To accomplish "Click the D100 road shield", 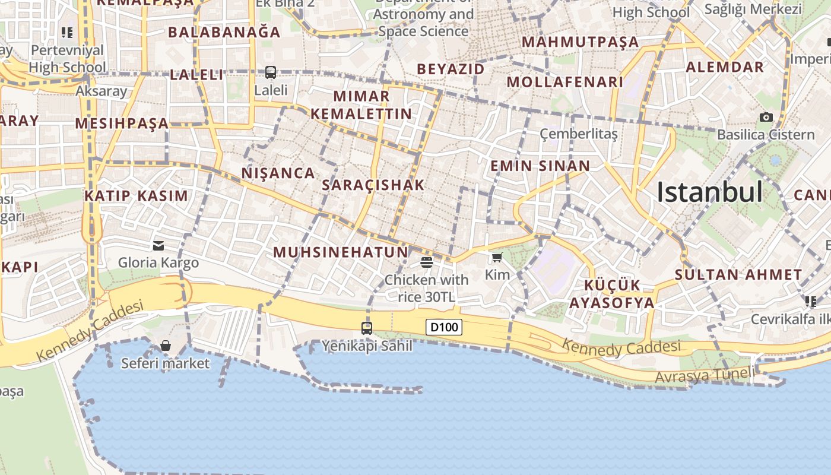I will [x=443, y=327].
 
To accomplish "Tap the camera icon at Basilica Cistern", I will [x=766, y=118].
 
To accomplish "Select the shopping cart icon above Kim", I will [x=497, y=258].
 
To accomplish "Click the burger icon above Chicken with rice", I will [x=426, y=262].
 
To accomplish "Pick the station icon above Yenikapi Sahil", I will [x=367, y=328].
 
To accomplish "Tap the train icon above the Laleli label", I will [x=271, y=72].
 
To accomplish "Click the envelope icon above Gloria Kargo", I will [x=158, y=245].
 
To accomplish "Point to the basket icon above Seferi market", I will [x=166, y=346].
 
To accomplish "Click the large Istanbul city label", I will [x=709, y=192].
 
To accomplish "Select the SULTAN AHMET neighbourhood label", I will [x=738, y=275].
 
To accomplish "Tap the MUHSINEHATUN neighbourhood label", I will [x=341, y=252].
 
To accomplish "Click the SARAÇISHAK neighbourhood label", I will [x=373, y=185].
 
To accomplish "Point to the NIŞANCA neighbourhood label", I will [x=278, y=173].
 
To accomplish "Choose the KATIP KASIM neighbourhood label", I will [x=136, y=196].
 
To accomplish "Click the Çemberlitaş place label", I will [x=579, y=134].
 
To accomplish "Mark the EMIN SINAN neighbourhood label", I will [x=540, y=166].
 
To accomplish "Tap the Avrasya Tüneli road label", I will [x=705, y=375].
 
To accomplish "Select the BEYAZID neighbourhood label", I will [x=451, y=69].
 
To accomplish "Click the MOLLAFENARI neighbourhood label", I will [x=564, y=82].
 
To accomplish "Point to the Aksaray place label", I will [x=102, y=91].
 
